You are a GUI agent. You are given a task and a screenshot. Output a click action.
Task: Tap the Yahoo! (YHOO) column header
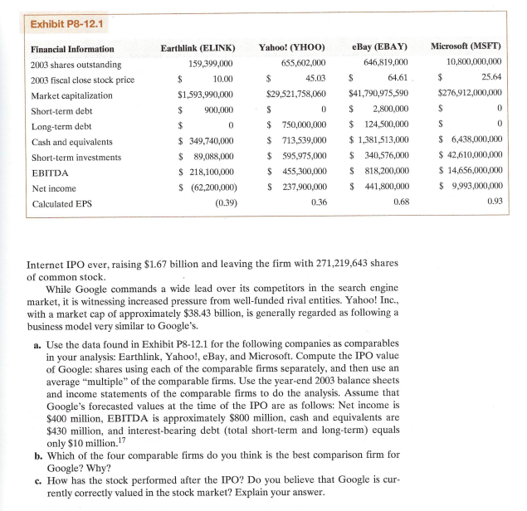pos(292,47)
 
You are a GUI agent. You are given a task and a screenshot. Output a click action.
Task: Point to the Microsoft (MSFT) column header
pos(467,47)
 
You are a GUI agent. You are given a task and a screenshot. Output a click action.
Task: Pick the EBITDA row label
pos(50,173)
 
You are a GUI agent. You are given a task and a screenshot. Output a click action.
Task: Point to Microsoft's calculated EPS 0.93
pos(495,202)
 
